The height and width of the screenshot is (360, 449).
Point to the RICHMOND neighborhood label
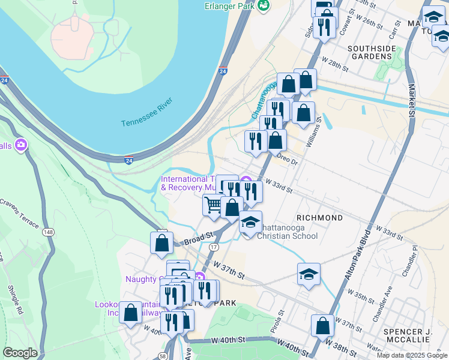click(319, 217)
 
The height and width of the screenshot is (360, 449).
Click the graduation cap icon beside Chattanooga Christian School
click(250, 222)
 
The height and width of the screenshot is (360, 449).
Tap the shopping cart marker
click(213, 205)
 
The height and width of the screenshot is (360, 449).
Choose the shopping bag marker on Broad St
click(161, 243)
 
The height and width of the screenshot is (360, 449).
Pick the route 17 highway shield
click(213, 247)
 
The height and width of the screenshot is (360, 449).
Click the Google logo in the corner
click(20, 353)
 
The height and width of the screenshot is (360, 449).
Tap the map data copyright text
click(412, 355)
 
